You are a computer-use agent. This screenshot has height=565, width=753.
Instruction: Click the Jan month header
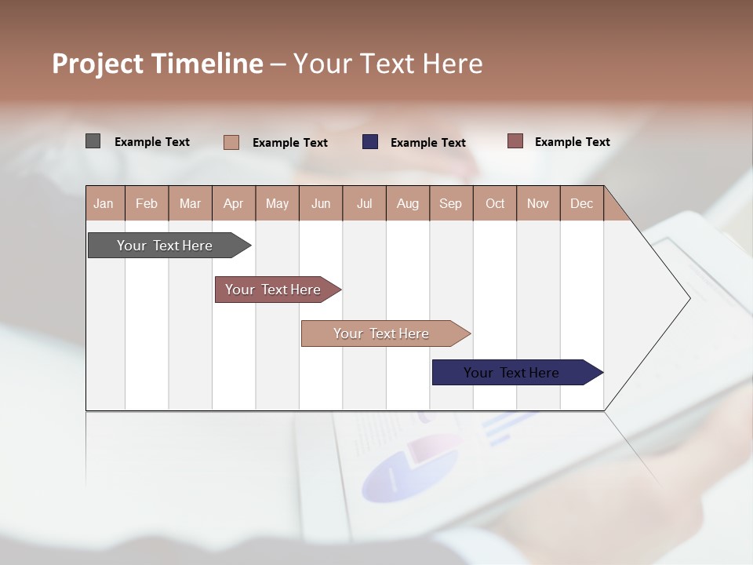[104, 203]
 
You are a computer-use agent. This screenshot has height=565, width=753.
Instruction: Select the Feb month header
[147, 203]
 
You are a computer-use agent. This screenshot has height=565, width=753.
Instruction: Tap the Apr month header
[234, 203]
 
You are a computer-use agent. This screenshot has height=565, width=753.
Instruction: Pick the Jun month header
[321, 203]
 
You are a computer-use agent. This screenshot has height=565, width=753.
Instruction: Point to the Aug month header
[408, 203]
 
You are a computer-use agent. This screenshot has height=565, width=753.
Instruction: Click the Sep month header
[451, 203]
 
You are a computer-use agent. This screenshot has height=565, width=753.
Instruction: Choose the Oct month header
[495, 203]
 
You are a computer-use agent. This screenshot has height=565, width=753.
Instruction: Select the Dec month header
[582, 203]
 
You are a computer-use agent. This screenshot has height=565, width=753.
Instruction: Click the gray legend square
[93, 141]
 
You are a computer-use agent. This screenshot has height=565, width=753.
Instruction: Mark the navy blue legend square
[370, 142]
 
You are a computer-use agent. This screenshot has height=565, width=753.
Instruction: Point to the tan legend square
[231, 142]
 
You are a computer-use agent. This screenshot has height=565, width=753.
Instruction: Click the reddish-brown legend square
[515, 141]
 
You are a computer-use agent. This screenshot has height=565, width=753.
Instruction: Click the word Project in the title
[98, 64]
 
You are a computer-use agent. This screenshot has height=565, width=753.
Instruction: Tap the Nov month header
[538, 203]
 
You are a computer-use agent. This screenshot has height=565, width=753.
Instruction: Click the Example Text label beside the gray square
[152, 142]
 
